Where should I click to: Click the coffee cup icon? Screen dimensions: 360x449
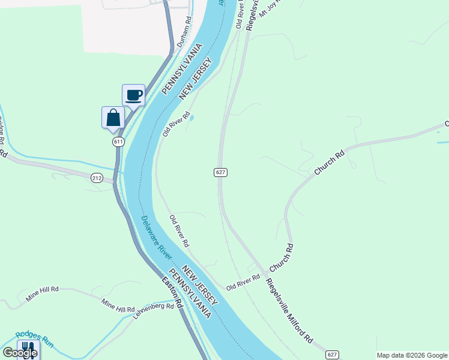[x=133, y=95]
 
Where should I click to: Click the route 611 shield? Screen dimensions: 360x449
[x=118, y=142]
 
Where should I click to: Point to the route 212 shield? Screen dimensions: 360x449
[x=97, y=178]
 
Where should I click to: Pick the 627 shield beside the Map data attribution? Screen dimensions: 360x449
[x=333, y=354]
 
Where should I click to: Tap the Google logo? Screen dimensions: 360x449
[x=20, y=353]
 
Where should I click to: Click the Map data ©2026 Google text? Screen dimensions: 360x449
[x=412, y=355]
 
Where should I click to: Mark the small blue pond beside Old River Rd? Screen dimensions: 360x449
[x=191, y=118]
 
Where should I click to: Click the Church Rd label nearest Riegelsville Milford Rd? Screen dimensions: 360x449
[x=281, y=256]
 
